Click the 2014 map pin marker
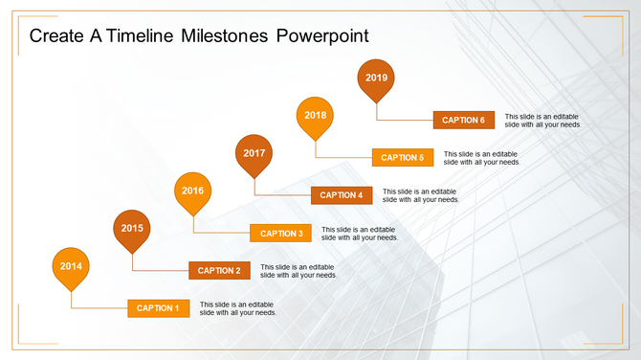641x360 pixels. (71, 267)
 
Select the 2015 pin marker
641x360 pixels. (132, 229)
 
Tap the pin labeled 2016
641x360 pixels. (192, 191)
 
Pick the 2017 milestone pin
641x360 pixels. (254, 154)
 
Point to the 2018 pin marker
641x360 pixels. (315, 116)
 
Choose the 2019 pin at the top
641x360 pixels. (376, 79)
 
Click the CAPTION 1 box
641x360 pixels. (158, 308)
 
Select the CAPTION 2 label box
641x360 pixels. (219, 271)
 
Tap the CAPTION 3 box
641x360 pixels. (280, 234)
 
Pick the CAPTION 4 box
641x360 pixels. (342, 195)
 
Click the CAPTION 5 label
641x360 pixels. (403, 158)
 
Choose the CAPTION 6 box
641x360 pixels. (463, 121)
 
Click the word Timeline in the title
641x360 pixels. (143, 36)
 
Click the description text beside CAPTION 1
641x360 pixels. (238, 308)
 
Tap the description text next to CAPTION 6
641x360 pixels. (542, 121)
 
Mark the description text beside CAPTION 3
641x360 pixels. (360, 234)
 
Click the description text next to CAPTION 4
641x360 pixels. (421, 195)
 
